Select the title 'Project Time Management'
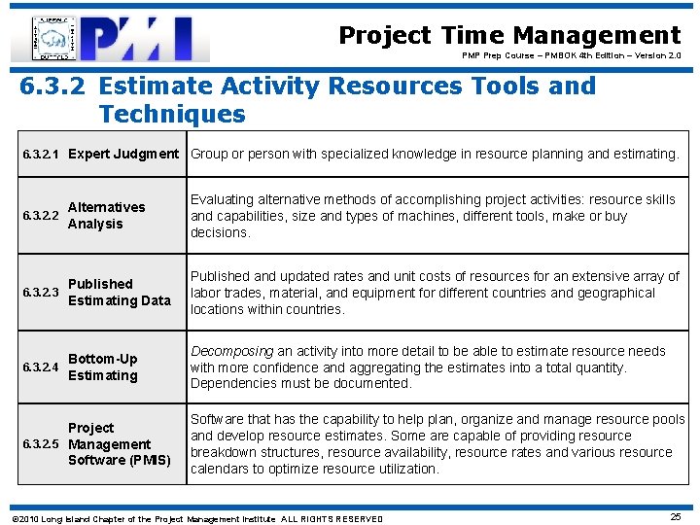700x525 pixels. coord(509,36)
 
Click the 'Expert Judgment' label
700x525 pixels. coord(123,154)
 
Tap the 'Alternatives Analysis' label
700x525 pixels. coord(106,216)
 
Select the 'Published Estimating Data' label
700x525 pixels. coord(119,293)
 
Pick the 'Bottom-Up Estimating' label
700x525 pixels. coord(103,367)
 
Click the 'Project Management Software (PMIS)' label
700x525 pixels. coord(119,444)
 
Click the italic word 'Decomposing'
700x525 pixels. coord(231,351)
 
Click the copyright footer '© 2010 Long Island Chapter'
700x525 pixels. coord(195,519)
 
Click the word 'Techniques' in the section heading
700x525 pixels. coord(172,114)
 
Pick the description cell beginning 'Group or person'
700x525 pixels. coord(435,154)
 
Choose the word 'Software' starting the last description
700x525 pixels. coord(218,420)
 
